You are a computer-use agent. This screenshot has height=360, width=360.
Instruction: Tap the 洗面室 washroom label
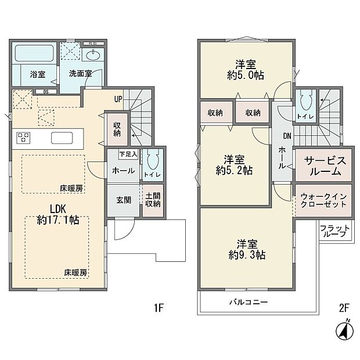click(x=80, y=74)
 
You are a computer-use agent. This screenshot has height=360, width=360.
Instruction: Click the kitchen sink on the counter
click(x=63, y=138)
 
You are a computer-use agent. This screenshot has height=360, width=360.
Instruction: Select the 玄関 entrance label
click(x=123, y=200)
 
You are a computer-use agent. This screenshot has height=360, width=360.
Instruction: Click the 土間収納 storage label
click(x=152, y=201)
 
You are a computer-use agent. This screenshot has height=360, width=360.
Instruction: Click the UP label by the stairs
click(x=118, y=99)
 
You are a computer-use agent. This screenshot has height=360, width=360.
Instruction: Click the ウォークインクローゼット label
click(x=323, y=201)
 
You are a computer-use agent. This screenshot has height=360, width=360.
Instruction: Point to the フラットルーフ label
click(x=336, y=231)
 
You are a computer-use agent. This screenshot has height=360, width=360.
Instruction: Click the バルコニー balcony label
click(x=249, y=303)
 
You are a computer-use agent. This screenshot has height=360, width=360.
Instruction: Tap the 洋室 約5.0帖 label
click(x=246, y=69)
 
